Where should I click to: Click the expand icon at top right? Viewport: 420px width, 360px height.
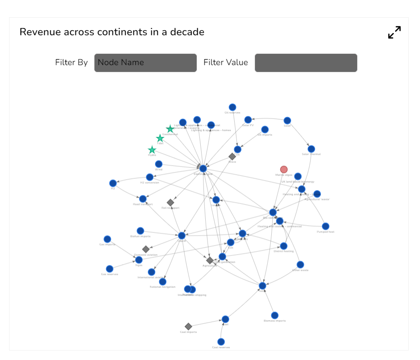394,33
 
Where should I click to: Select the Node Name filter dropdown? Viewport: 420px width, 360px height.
145,63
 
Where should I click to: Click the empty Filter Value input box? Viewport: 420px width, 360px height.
306,63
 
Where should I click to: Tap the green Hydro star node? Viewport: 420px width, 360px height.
152,150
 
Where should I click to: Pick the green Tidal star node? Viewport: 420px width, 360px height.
160,138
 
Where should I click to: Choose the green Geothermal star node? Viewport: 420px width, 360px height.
170,129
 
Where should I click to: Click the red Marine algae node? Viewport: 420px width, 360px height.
283,170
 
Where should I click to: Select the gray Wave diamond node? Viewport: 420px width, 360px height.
232,156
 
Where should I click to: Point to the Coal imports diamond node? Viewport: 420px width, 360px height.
189,327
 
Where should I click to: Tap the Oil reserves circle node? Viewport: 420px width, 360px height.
232,107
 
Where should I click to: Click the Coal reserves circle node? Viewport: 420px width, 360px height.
221,342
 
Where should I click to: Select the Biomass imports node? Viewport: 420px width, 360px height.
274,315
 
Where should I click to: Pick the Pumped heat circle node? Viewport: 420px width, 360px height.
326,226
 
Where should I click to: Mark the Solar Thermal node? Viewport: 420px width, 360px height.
311,149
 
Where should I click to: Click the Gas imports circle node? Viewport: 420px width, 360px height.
107,239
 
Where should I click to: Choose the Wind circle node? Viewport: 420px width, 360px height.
159,164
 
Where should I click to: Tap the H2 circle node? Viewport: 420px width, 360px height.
113,183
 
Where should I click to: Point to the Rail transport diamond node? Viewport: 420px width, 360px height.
170,203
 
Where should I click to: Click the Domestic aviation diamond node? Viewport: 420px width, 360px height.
146,249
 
